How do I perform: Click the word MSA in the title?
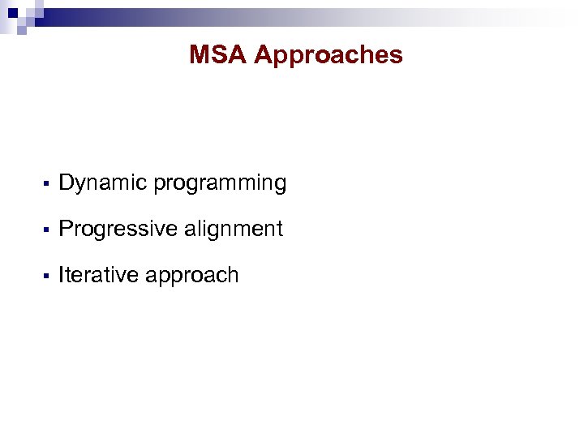coord(217,55)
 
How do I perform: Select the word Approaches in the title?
coord(328,56)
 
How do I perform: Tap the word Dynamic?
coord(103,184)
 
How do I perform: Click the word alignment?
coord(234,230)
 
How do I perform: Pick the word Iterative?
coord(99,276)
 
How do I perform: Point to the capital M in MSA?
coord(200,55)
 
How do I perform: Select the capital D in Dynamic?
coord(67,183)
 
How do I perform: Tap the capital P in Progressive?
coord(67,230)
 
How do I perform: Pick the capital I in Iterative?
coord(62,276)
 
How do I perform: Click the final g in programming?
coord(281,186)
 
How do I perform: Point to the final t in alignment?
coord(280,230)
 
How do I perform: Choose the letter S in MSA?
coord(218,55)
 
